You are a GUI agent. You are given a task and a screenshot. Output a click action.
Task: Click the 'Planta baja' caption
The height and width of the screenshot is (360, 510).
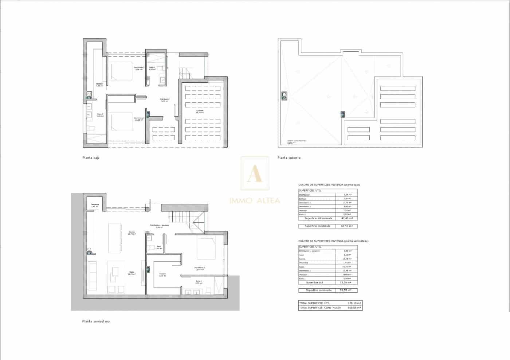click(91, 158)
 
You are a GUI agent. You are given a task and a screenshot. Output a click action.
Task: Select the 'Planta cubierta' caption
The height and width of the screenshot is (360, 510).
click(289, 158)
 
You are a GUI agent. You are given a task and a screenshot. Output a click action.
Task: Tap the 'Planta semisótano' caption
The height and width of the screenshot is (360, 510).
click(96, 321)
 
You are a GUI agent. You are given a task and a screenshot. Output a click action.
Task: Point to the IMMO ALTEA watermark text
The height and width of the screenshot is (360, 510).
click(255, 200)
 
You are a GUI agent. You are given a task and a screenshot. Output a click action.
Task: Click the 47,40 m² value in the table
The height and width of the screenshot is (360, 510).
click(346, 218)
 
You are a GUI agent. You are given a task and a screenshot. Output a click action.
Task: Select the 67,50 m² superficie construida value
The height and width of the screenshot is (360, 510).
click(346, 226)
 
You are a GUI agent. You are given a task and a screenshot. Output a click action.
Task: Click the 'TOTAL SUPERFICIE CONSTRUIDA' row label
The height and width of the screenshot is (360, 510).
click(320, 308)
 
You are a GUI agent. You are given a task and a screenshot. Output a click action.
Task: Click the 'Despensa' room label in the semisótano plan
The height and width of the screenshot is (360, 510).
click(95, 205)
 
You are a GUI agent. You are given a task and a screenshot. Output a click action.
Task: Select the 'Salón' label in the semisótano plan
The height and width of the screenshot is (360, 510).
click(132, 273)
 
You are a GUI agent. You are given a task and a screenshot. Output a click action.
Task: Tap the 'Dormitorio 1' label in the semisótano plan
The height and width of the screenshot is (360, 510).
click(199, 268)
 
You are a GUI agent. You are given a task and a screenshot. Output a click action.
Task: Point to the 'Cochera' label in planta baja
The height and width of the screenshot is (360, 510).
click(200, 111)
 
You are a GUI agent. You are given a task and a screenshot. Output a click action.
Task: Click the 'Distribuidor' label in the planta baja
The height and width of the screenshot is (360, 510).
click(165, 99)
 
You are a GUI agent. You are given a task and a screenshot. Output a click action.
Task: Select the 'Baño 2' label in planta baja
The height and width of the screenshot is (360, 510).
click(152, 68)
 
